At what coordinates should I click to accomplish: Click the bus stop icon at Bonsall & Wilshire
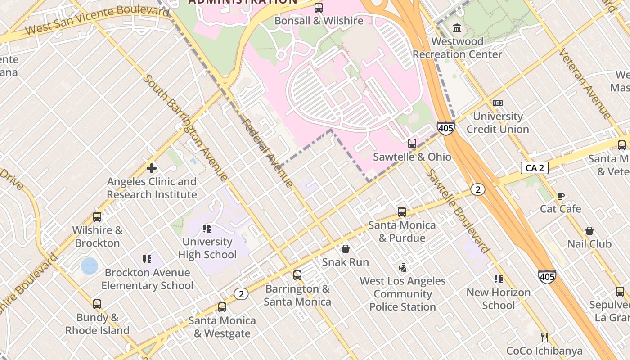(x=319, y=7)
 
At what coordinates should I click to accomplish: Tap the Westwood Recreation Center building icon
(x=457, y=28)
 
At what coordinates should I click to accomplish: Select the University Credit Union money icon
(x=497, y=103)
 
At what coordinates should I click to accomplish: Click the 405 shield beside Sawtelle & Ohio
(x=445, y=129)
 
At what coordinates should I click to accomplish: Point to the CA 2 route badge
(x=535, y=168)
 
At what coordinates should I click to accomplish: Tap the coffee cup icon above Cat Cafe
(x=560, y=196)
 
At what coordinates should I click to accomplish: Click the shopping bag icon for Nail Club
(x=589, y=231)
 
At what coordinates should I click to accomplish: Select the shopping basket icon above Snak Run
(x=346, y=248)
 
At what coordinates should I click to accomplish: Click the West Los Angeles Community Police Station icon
(x=402, y=267)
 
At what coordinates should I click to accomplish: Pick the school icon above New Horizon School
(x=498, y=279)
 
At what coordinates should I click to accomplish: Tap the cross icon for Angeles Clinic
(x=152, y=168)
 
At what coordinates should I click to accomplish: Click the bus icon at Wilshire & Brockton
(x=97, y=217)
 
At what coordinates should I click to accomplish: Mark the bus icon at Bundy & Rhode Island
(x=97, y=304)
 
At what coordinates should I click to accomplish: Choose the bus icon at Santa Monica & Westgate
(x=222, y=307)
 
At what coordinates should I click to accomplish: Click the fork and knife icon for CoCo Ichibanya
(x=544, y=337)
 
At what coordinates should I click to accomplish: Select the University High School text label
(x=207, y=248)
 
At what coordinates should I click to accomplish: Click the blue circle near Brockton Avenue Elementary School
(x=89, y=266)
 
